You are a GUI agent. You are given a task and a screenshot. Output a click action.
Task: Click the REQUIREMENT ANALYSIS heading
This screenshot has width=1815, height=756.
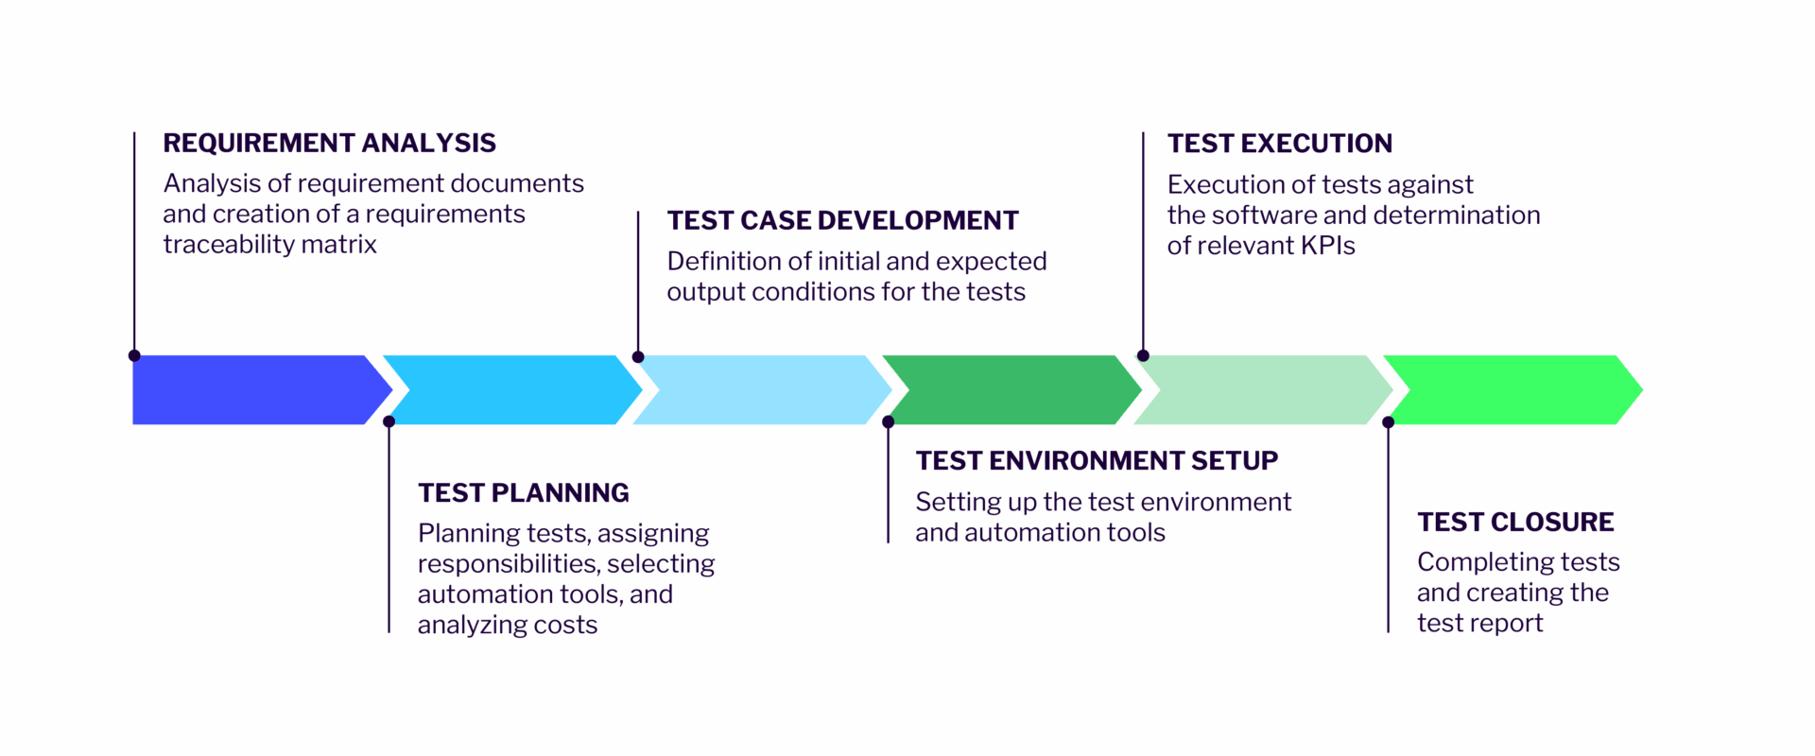[x=329, y=143]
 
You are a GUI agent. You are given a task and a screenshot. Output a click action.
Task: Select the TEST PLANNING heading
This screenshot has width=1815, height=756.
[x=523, y=492]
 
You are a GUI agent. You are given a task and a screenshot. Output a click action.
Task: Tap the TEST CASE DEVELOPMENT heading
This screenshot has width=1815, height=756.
[x=842, y=220]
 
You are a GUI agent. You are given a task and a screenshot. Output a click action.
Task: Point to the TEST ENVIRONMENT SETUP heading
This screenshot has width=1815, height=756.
[x=1096, y=460]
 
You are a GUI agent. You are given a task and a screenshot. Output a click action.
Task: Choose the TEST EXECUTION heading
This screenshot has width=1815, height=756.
[x=1279, y=144]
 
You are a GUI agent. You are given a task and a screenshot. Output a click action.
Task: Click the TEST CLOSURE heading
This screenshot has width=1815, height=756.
[x=1514, y=522]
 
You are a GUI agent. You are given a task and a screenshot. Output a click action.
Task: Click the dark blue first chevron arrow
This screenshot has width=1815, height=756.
[x=251, y=389]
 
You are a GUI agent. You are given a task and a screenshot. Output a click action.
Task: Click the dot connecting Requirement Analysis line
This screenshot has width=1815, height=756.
[x=134, y=356]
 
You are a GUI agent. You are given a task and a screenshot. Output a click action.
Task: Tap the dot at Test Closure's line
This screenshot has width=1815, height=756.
[x=1388, y=422]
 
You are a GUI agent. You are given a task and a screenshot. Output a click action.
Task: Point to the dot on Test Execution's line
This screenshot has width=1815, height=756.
[x=1143, y=356]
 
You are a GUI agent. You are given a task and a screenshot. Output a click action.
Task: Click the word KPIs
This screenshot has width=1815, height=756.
[x=1327, y=246]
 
